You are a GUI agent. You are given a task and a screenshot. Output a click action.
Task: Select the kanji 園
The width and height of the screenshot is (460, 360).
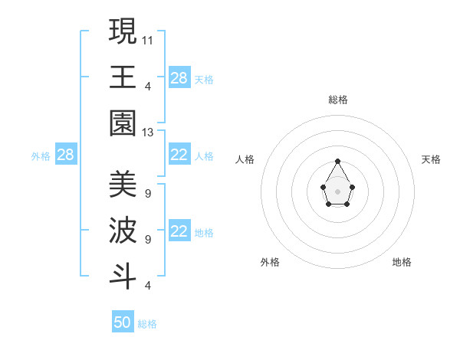(123, 123)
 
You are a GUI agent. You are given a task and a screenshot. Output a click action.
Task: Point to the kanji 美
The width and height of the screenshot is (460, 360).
(123, 185)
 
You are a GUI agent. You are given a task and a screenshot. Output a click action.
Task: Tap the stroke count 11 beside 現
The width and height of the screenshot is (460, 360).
(148, 39)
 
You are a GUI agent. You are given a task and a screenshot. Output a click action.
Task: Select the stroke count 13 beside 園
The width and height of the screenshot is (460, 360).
(148, 133)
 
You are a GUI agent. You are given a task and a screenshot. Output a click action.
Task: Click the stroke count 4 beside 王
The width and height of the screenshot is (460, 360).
(147, 86)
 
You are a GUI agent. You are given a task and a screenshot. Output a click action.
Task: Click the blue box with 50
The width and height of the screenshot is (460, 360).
(123, 322)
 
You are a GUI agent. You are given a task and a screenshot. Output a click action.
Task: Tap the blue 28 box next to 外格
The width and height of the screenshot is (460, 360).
(65, 155)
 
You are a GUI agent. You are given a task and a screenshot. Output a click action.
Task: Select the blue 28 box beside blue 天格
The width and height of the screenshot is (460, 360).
(179, 78)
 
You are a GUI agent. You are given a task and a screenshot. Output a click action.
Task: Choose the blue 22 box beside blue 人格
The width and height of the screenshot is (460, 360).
(179, 155)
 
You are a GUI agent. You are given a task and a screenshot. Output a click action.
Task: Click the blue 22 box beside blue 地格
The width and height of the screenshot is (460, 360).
(179, 232)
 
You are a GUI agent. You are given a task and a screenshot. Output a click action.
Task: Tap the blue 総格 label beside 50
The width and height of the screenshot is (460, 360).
(147, 324)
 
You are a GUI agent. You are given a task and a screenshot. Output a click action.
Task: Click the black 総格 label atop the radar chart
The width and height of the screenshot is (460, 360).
(337, 100)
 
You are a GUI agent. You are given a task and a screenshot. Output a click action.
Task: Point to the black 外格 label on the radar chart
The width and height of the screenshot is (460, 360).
(270, 262)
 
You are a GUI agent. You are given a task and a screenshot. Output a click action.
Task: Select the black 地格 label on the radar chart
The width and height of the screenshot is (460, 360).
(402, 262)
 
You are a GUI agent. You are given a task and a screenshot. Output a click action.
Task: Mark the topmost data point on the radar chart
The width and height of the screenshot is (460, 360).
(337, 161)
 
